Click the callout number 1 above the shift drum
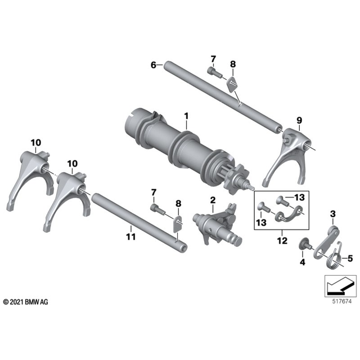point(186,116)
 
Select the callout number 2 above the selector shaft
point(213,200)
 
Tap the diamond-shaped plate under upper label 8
point(232,84)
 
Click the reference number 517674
point(342,301)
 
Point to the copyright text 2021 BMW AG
point(25,302)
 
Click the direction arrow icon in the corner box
point(340,286)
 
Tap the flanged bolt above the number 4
point(305,245)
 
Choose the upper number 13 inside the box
point(300,197)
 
